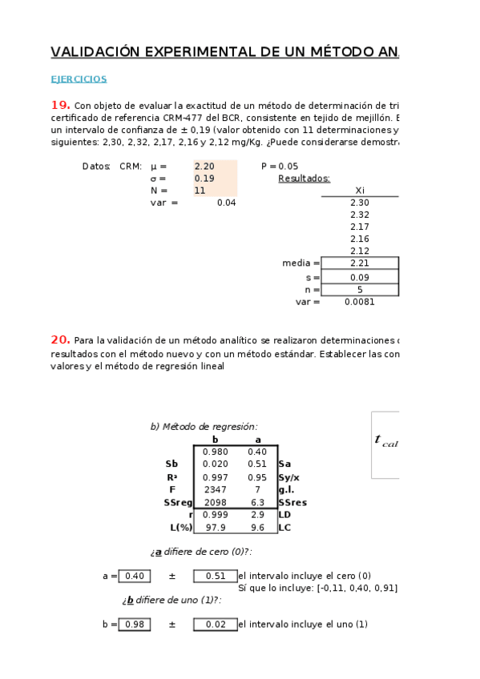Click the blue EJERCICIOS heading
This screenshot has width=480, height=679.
(x=79, y=79)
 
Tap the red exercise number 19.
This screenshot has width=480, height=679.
(x=60, y=105)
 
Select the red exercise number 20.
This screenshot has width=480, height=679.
(x=60, y=339)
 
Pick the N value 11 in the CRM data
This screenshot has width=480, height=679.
(x=200, y=191)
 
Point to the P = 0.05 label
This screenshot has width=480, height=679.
(x=280, y=167)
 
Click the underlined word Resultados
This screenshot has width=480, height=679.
(x=304, y=179)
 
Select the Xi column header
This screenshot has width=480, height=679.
(x=360, y=191)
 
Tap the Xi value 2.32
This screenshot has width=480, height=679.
(x=360, y=215)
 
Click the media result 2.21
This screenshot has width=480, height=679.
(x=360, y=263)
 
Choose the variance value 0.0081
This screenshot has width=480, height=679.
(x=359, y=302)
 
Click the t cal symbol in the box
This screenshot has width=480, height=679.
(x=385, y=440)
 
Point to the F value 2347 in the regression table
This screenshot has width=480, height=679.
(x=215, y=488)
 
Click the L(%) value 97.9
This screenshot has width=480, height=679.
(x=215, y=528)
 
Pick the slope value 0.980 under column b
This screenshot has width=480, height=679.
(x=215, y=452)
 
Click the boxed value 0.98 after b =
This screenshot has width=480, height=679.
(x=134, y=625)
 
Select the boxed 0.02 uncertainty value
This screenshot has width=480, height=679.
(x=215, y=625)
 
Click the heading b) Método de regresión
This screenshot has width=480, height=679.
(x=204, y=427)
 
